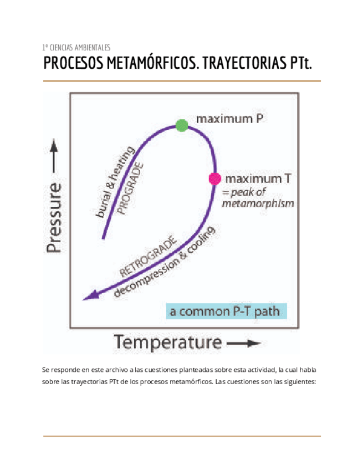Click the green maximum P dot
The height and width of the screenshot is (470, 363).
point(181,125)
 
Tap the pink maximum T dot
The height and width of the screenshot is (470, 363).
point(214,178)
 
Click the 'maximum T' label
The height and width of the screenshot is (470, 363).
point(259,178)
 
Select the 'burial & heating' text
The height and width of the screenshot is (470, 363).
point(116,182)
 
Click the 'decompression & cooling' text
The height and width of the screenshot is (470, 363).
point(167,262)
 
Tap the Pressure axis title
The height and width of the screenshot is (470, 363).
point(54,218)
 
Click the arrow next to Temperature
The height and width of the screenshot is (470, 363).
point(244,344)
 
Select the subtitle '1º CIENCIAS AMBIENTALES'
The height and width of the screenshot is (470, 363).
point(76,47)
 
